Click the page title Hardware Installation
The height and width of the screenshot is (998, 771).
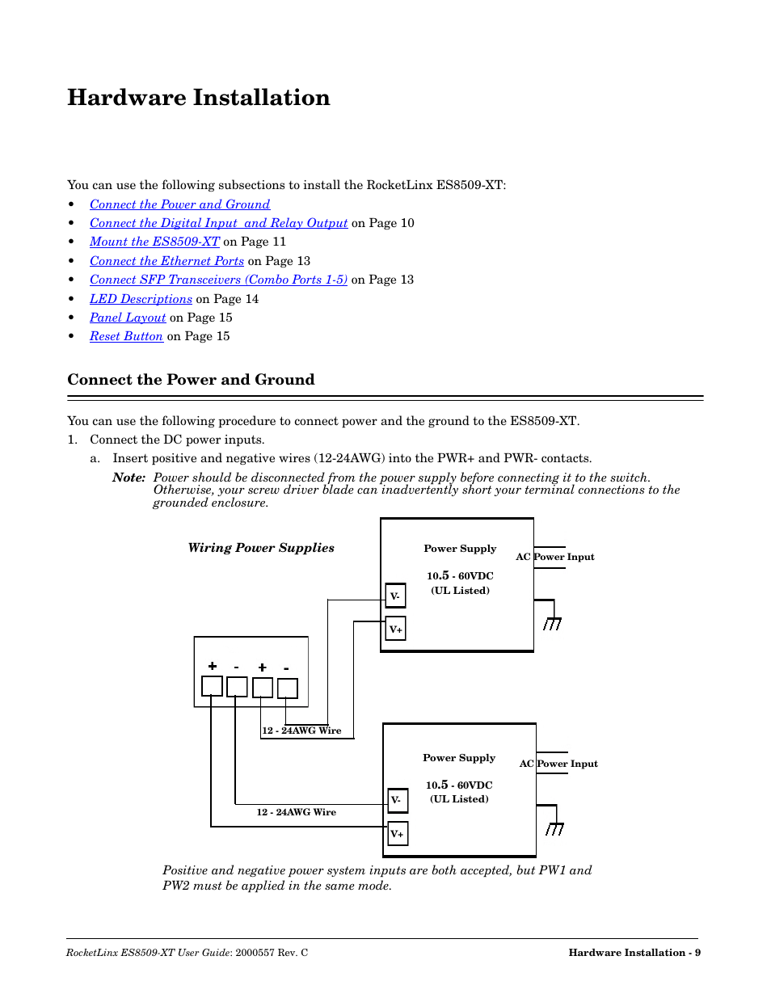coord(199,98)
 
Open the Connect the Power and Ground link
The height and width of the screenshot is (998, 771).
coord(179,204)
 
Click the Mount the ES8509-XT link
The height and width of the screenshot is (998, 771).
coord(154,242)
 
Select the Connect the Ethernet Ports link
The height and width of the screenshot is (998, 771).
coord(166,261)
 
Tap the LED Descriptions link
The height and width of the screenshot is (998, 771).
coord(141,299)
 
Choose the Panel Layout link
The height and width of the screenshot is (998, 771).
coord(128,318)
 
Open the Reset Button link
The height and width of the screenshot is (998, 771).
coord(126,336)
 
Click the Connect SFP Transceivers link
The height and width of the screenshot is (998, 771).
coord(218,280)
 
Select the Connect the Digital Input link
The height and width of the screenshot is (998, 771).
coord(218,223)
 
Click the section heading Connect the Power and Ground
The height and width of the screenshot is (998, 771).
coord(191,380)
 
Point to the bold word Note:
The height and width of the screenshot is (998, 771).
coord(128,478)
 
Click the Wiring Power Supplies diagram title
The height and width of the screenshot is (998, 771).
coord(261,548)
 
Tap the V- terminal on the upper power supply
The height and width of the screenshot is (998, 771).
coord(395,596)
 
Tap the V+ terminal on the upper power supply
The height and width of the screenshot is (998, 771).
coord(395,629)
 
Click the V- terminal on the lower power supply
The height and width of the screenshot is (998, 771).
coord(397,800)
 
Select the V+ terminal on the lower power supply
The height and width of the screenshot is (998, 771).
coord(397,833)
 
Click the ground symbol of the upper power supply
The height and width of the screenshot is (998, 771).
coord(552,623)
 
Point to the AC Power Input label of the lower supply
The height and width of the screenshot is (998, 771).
coord(558,764)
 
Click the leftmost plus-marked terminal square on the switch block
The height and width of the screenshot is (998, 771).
coord(212,687)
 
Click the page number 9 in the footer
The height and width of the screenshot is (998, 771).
coord(697,953)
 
